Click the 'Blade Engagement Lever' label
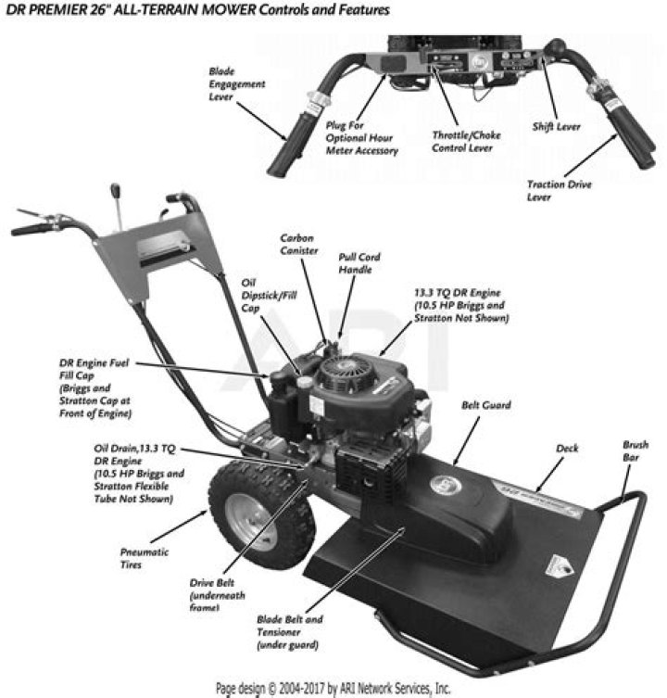coord(237,83)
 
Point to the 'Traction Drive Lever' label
coord(559,190)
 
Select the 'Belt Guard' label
coord(485,405)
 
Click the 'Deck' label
coord(567,448)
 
